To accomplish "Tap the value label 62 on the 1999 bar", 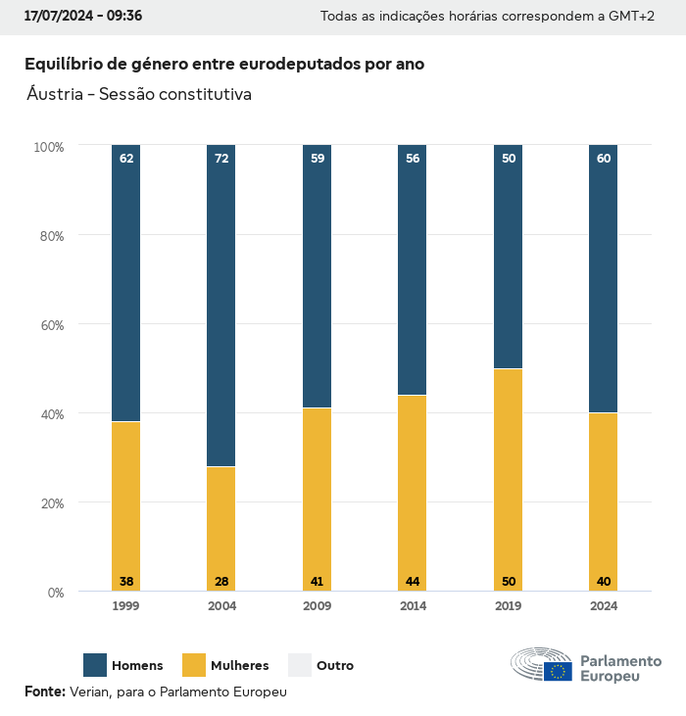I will (x=126, y=158).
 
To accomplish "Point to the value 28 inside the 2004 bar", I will (x=221, y=582).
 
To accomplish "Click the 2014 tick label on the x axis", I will (x=413, y=606).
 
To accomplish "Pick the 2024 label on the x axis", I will (x=604, y=606).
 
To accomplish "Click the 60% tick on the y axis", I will (x=50, y=324).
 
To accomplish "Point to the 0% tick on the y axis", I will (x=55, y=593).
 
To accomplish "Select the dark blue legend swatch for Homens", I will (x=95, y=665).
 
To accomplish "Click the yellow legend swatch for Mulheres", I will (x=194, y=665).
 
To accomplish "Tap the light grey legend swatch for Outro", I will (x=300, y=665).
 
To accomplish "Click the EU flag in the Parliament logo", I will (x=559, y=671).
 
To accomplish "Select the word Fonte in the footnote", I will (x=43, y=692).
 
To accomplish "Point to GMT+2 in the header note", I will (x=631, y=17).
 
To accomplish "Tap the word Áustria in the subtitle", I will (x=56, y=95).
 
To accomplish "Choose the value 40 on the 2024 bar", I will (x=604, y=582).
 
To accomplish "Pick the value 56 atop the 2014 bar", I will (x=413, y=158).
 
